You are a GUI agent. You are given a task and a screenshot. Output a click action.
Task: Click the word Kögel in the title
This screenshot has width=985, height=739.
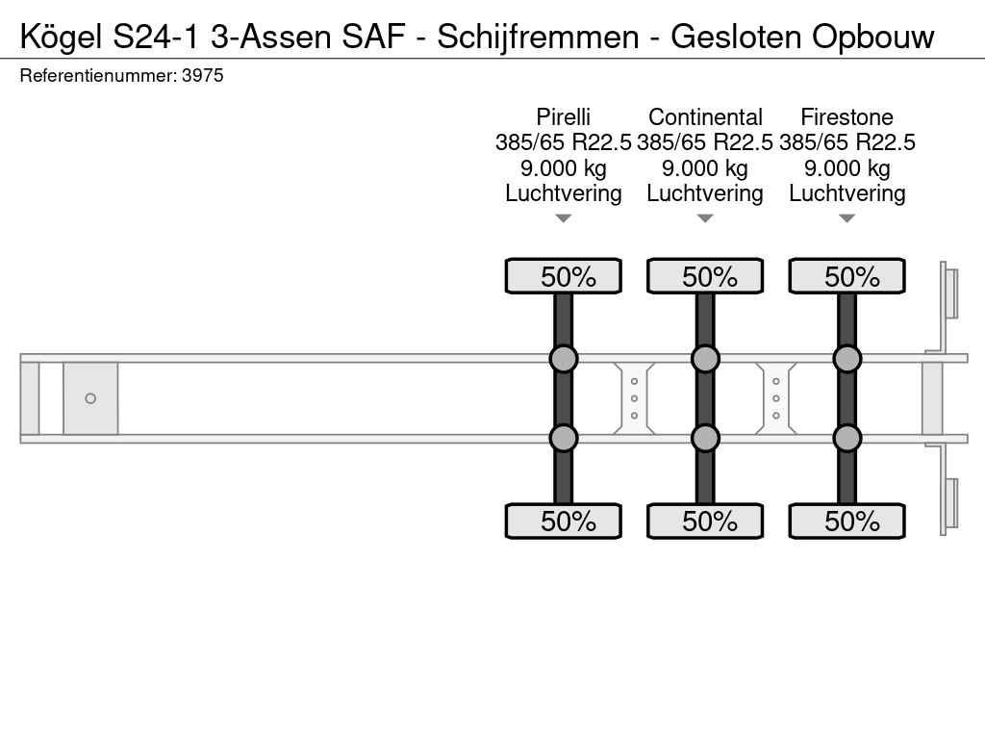point(61,38)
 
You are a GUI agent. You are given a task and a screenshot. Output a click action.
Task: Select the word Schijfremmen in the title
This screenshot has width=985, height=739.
point(538,38)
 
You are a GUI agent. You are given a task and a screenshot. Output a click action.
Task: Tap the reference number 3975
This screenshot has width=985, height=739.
point(202,75)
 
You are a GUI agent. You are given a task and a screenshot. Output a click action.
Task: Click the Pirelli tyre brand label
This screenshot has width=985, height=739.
point(564,116)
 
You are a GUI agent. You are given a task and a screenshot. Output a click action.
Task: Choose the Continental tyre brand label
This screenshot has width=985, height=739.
point(705,116)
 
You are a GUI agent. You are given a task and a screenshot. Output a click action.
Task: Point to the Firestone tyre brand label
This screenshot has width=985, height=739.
point(846,116)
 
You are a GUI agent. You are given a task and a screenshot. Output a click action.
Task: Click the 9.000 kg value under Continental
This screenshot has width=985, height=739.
point(705,168)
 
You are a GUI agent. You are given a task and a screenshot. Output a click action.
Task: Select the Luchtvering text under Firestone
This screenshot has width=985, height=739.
point(846,193)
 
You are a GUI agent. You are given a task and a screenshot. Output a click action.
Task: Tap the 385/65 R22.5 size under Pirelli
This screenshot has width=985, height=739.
point(564,142)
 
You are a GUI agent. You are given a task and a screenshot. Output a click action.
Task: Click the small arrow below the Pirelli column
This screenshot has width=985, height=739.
point(564,218)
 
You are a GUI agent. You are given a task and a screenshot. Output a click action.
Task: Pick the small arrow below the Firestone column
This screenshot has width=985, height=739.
point(846,218)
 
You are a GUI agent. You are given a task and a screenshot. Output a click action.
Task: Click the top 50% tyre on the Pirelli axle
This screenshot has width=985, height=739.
point(564,276)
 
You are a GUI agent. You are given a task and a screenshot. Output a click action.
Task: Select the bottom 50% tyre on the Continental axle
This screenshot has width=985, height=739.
point(705,521)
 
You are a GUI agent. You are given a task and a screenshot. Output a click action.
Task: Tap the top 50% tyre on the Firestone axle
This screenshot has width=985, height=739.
point(846,276)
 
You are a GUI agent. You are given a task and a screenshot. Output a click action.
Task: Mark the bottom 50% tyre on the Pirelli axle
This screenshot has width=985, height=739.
point(564,521)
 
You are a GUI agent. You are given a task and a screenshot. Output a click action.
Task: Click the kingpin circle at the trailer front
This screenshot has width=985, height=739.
point(90,398)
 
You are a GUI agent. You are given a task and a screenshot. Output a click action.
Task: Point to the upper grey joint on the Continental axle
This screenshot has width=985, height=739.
point(705,359)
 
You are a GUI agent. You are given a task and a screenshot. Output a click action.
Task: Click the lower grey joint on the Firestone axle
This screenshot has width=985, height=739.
point(846,438)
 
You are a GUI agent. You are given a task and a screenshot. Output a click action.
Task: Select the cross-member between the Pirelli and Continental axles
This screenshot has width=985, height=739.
point(634,398)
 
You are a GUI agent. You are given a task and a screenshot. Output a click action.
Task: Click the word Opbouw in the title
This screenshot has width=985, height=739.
point(872,38)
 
